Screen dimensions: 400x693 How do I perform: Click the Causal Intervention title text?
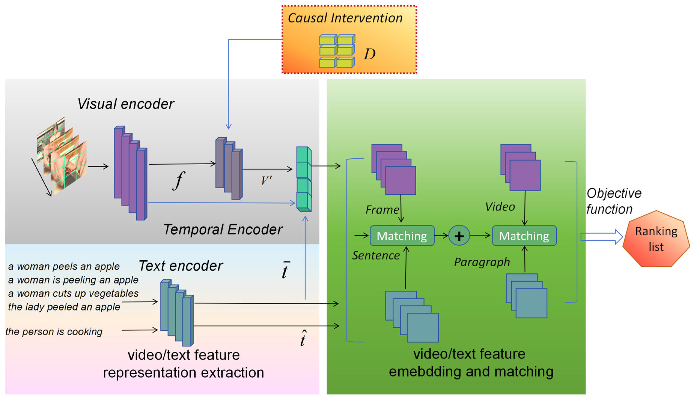[x=345, y=18]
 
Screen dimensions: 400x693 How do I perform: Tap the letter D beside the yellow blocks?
[x=369, y=54]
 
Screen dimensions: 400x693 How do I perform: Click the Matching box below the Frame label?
[x=402, y=236]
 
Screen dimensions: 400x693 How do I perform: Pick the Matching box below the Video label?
[x=524, y=236]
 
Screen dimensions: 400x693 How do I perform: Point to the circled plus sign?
[x=459, y=236]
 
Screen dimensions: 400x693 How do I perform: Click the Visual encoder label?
[x=126, y=104]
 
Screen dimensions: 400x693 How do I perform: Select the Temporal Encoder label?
[x=223, y=229]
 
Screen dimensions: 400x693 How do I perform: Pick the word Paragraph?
[x=482, y=262]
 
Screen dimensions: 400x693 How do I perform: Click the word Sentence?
[x=376, y=255]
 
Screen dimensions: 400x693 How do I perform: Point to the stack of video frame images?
[x=62, y=157]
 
